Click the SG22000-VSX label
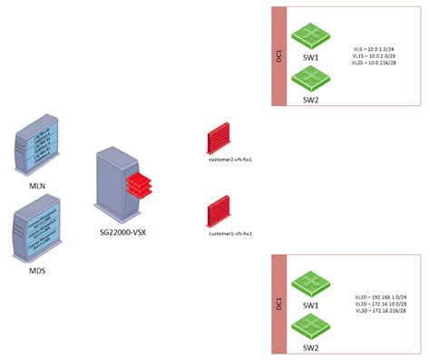(x=124, y=232)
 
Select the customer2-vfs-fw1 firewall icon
(x=218, y=139)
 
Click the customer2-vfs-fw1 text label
(x=230, y=158)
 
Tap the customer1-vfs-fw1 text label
(x=230, y=233)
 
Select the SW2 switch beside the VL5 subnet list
(x=311, y=81)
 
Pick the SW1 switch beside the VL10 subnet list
(x=311, y=284)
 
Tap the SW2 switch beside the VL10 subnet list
(x=311, y=326)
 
